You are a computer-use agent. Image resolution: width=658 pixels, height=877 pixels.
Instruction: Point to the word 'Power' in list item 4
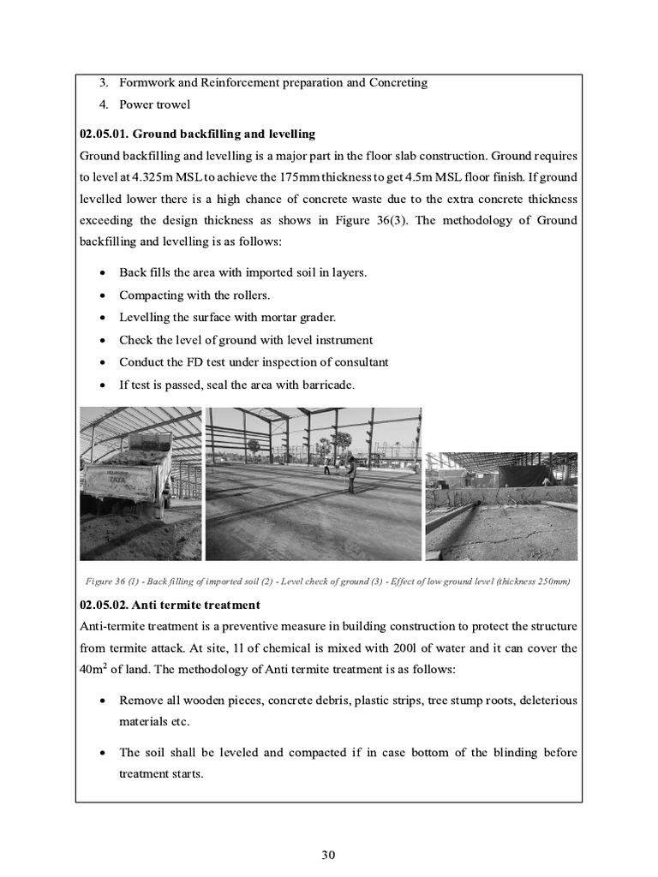pos(136,105)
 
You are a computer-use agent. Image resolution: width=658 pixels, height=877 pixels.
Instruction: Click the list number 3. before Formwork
pos(105,83)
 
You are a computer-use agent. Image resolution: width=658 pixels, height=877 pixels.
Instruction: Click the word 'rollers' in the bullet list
pos(250,295)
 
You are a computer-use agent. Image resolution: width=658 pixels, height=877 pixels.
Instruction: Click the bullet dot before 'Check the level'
pos(103,340)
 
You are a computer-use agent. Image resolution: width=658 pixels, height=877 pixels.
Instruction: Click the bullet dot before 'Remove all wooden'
pos(103,701)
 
